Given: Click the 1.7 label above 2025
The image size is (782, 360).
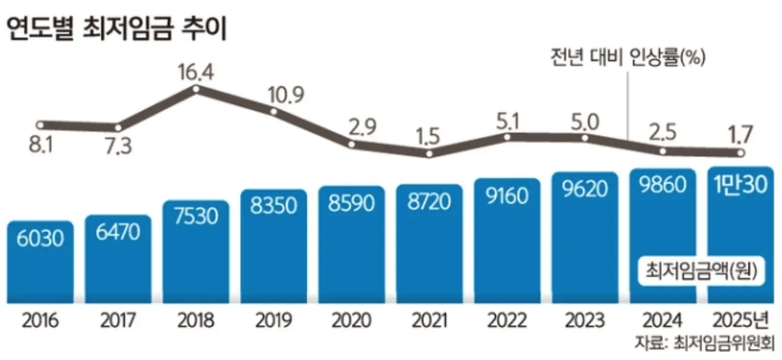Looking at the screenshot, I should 740,133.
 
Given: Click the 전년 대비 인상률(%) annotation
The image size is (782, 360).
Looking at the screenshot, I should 627,57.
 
